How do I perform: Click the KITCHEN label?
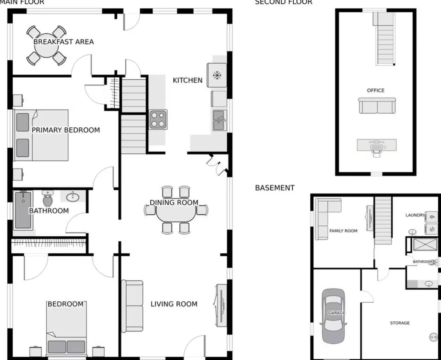[x=187, y=80]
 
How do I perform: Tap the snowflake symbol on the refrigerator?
[x=217, y=75]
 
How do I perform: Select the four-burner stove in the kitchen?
[x=158, y=119]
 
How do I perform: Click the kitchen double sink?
[x=219, y=120]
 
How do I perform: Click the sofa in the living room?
[x=132, y=306]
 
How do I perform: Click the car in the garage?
[x=333, y=316]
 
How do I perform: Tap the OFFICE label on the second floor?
[x=376, y=90]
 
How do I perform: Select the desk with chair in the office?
[x=377, y=146]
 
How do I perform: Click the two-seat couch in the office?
[x=377, y=106]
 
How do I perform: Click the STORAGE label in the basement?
[x=400, y=323]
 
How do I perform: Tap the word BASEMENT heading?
[x=275, y=188]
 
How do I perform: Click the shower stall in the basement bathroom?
[x=425, y=244]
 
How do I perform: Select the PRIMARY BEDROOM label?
[x=65, y=130]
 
